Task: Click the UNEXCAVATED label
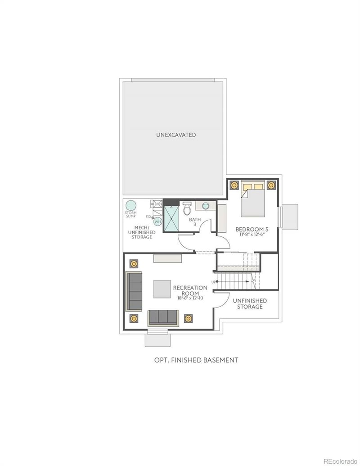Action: point(176,135)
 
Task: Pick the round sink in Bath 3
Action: point(206,206)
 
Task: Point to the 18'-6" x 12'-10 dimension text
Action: point(190,298)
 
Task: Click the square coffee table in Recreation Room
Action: point(162,289)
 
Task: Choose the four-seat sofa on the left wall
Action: point(135,290)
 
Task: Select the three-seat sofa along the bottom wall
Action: point(163,317)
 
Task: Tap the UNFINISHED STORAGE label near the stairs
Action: point(250,303)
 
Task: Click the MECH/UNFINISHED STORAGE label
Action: point(142,232)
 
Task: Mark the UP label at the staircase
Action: point(213,281)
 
